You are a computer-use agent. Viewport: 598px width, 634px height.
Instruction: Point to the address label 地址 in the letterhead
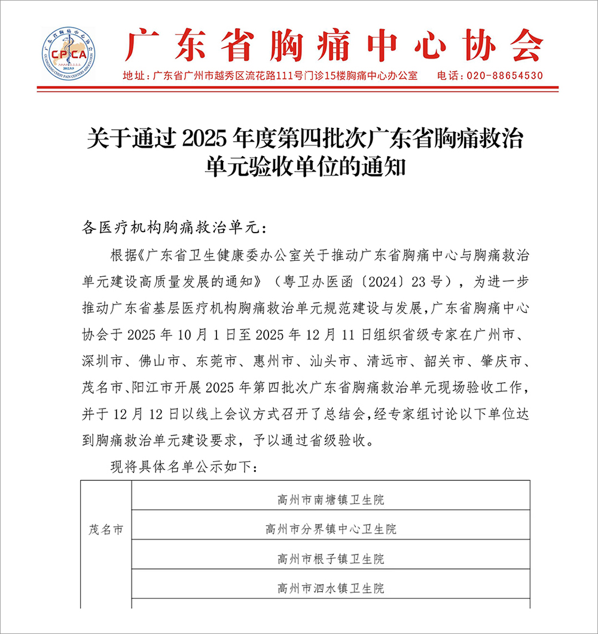pos(133,76)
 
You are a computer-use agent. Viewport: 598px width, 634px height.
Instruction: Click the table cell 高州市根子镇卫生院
pos(331,560)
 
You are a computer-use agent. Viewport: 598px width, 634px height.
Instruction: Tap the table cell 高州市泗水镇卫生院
pos(331,589)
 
